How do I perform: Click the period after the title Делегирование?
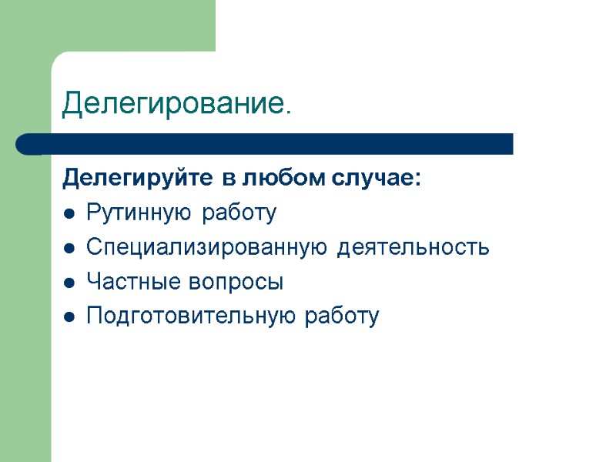[x=288, y=112]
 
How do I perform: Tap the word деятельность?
[x=414, y=248]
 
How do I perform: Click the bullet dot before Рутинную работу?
[x=69, y=214]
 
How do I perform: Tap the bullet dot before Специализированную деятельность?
[x=69, y=249]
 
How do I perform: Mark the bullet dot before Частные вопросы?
[x=69, y=283]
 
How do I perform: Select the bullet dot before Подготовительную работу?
[x=69, y=317]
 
